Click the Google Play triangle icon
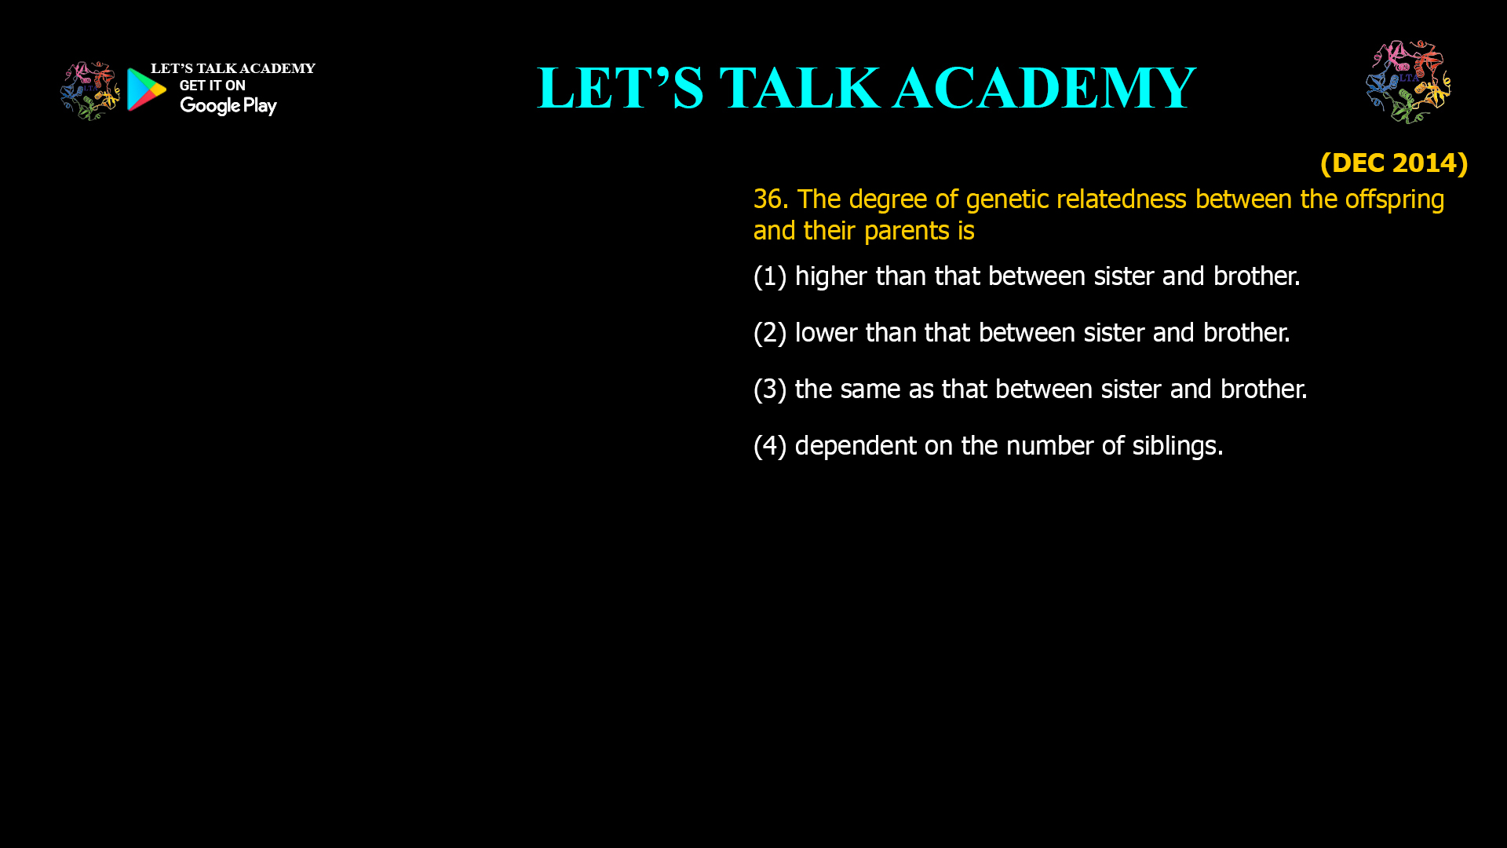146,90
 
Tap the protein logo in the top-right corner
1408,82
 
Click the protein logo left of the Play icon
90,91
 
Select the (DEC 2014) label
1394,163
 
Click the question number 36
771,199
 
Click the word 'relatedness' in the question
1121,199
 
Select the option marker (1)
770,276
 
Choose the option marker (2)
770,333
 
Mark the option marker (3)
770,389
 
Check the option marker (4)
770,446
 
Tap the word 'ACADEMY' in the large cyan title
1045,88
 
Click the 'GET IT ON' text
213,86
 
